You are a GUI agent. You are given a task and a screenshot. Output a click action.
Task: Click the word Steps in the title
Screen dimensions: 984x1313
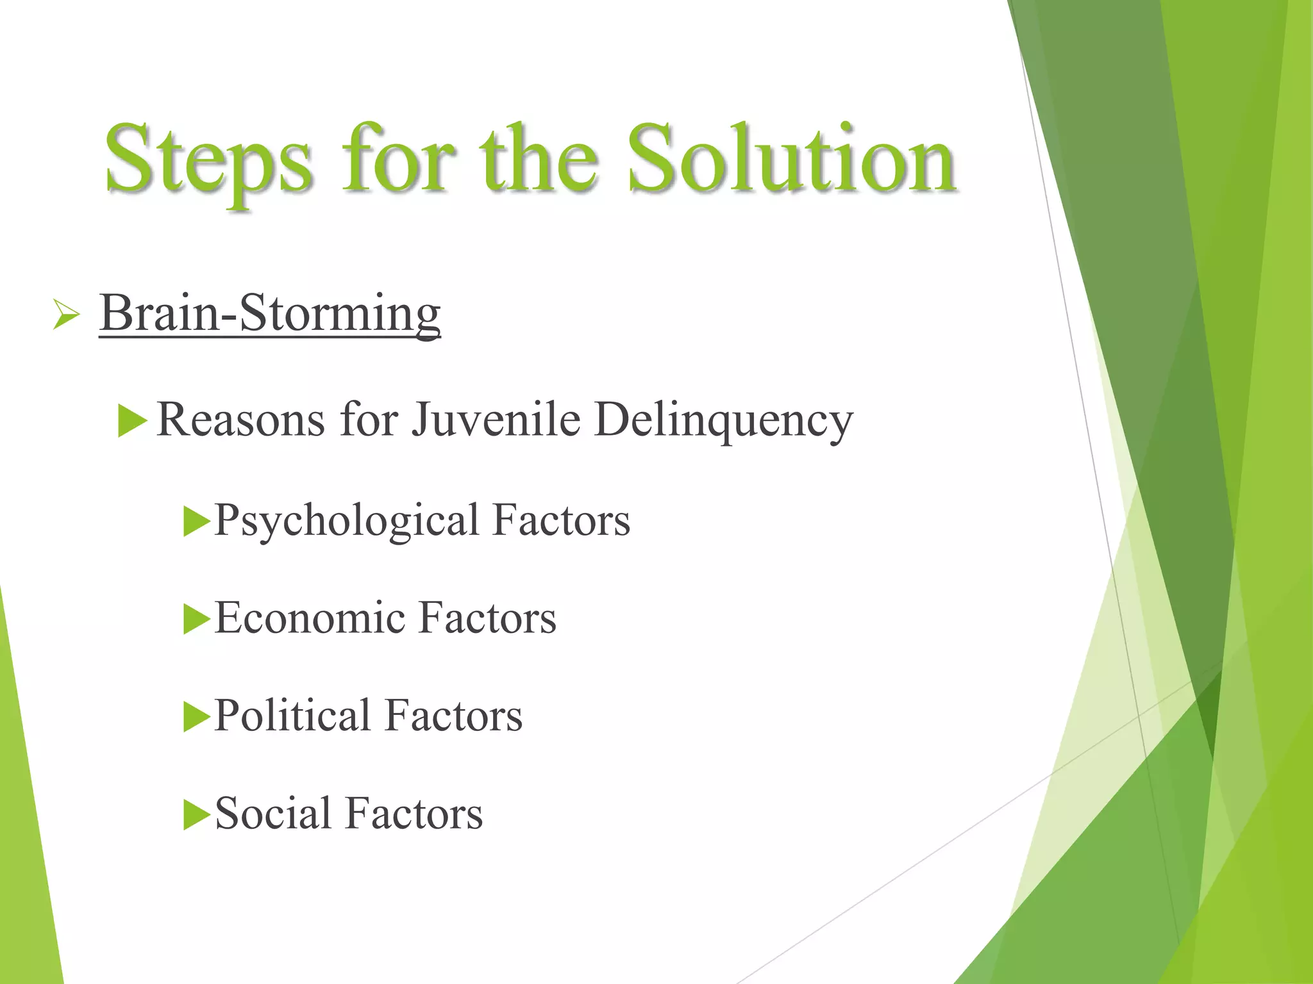209,160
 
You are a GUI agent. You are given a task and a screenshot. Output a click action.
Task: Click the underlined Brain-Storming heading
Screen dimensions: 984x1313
270,313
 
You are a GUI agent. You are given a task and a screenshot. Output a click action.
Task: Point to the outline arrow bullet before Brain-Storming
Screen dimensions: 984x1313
66,315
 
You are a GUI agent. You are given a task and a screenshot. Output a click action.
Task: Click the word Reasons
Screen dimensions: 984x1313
240,420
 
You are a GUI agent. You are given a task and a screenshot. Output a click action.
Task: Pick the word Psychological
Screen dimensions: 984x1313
347,521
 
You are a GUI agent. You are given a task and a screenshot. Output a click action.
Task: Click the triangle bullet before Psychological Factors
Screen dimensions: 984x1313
196,521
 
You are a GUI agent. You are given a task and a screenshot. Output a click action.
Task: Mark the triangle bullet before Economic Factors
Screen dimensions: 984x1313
196,619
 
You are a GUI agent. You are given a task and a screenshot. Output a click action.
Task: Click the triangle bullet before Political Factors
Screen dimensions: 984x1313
196,717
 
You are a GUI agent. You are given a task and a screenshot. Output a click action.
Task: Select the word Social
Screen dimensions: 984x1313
272,814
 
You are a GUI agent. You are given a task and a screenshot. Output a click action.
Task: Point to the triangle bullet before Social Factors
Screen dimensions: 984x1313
196,815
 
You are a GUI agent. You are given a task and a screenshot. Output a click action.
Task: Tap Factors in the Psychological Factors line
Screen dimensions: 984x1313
562,520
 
